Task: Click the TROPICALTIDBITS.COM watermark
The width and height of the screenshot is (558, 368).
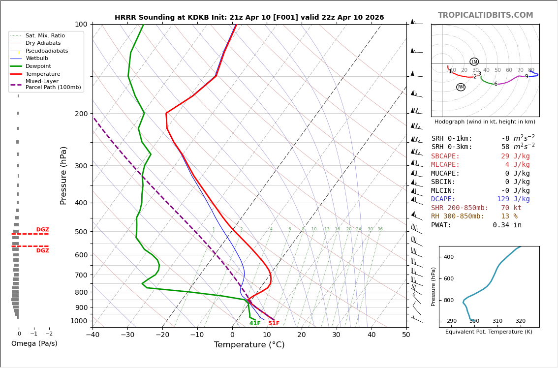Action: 485,15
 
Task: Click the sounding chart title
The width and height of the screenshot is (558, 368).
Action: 249,18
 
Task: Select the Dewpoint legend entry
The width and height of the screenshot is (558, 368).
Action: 38,66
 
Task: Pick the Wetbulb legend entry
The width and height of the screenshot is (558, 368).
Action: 36,59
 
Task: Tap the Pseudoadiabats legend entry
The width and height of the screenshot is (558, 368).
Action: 46,51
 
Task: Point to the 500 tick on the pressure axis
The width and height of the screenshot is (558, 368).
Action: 81,232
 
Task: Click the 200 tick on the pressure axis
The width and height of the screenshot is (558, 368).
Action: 81,114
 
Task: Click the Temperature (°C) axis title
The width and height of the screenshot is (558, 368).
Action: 249,345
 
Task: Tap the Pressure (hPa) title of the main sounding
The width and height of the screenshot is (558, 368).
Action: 63,175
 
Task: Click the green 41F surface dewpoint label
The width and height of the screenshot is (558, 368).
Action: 255,323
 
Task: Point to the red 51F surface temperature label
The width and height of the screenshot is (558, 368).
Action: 274,323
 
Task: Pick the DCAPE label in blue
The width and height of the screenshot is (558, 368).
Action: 443,199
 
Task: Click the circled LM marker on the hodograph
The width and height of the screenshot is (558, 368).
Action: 474,61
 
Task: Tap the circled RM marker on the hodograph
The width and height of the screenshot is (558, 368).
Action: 461,87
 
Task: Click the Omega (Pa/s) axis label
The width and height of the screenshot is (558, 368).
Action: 34,343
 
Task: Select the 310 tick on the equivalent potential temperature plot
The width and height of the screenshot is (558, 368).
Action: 497,321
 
